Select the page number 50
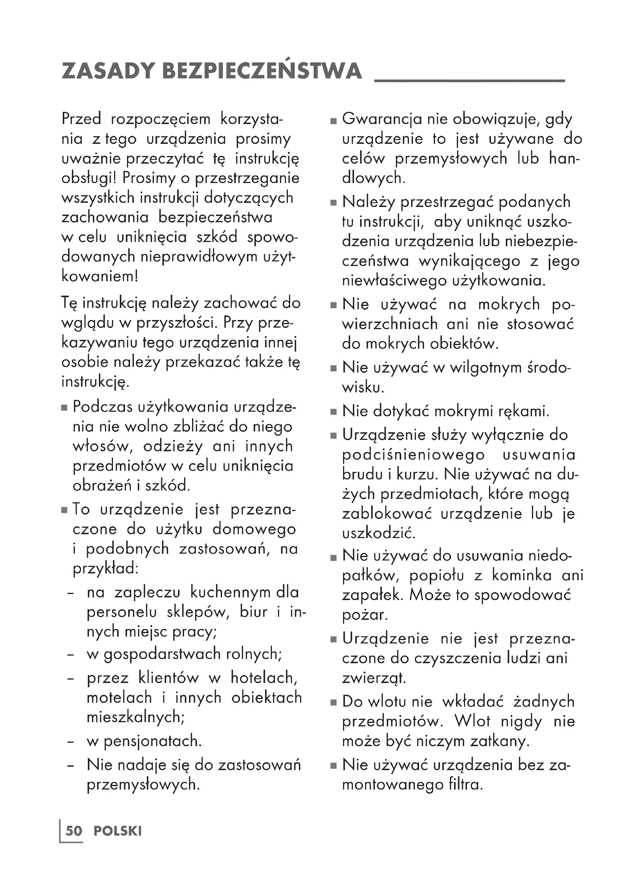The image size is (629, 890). [x=74, y=831]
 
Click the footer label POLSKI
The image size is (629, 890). [x=118, y=831]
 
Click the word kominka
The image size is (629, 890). [x=522, y=575]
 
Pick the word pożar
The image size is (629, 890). [x=364, y=615]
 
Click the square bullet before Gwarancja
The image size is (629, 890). [x=334, y=121]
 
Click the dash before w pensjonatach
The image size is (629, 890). [x=70, y=742]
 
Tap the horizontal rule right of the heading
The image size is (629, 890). [x=469, y=80]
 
